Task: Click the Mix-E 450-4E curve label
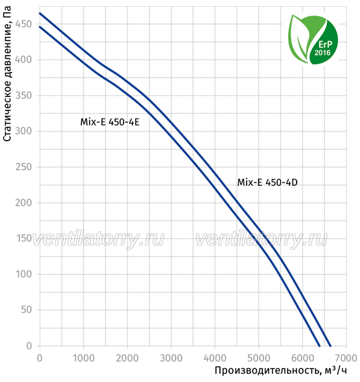[x=110, y=122]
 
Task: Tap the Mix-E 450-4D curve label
[x=267, y=182]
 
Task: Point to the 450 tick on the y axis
[x=24, y=24]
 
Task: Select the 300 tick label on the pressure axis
[x=24, y=131]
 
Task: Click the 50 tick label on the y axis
[x=27, y=310]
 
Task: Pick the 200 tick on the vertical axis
[x=24, y=203]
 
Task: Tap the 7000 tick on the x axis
[x=346, y=358]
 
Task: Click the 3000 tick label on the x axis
[x=171, y=358]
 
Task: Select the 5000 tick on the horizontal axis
[x=259, y=358]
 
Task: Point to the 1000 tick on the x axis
[x=83, y=358]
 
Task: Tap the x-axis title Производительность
[x=267, y=371]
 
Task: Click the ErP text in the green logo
[x=325, y=44]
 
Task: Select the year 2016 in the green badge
[x=323, y=53]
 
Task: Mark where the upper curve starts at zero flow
[x=40, y=13]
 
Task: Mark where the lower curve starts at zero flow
[x=40, y=27]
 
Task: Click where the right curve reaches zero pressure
[x=330, y=346]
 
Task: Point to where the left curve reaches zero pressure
[x=320, y=346]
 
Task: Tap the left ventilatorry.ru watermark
[x=98, y=239]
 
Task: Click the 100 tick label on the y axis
[x=24, y=275]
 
